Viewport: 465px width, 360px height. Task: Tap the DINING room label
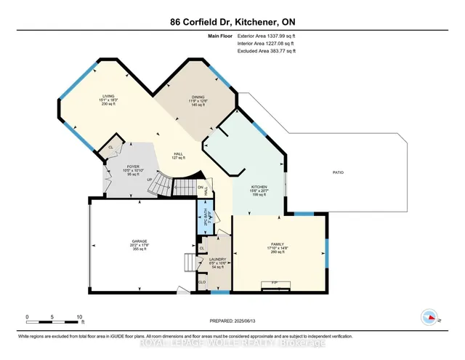click(x=198, y=96)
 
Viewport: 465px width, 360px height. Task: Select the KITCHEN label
click(x=259, y=187)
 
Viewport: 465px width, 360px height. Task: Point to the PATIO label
click(x=338, y=172)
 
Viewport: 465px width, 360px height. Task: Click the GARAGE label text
click(x=139, y=241)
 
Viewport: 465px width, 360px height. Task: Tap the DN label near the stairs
click(x=201, y=187)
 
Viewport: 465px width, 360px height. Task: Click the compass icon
click(x=429, y=317)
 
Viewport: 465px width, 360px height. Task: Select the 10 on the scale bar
click(x=79, y=317)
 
